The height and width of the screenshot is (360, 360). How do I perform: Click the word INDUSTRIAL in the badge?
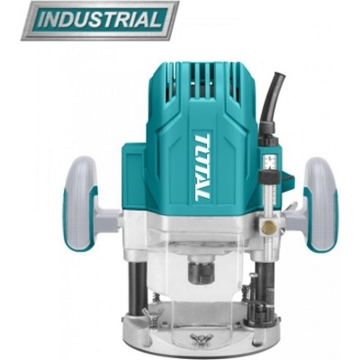[x=100, y=20]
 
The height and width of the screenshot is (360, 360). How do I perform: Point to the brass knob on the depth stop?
[x=270, y=226]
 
